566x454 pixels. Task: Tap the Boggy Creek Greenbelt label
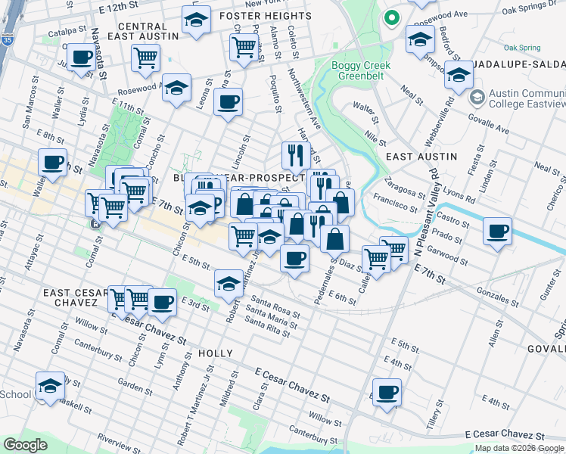[361, 71]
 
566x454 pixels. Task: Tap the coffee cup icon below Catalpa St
[80, 57]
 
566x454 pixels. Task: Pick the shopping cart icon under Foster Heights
[244, 46]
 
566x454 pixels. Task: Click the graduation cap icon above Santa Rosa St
[229, 284]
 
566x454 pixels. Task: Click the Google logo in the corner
[25, 445]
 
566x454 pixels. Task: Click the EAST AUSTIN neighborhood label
[421, 156]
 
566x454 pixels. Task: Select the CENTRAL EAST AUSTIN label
[148, 31]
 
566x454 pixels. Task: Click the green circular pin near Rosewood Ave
[392, 18]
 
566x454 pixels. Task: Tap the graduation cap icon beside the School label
[51, 387]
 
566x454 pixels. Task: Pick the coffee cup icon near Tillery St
[387, 393]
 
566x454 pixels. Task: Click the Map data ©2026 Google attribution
[519, 448]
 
